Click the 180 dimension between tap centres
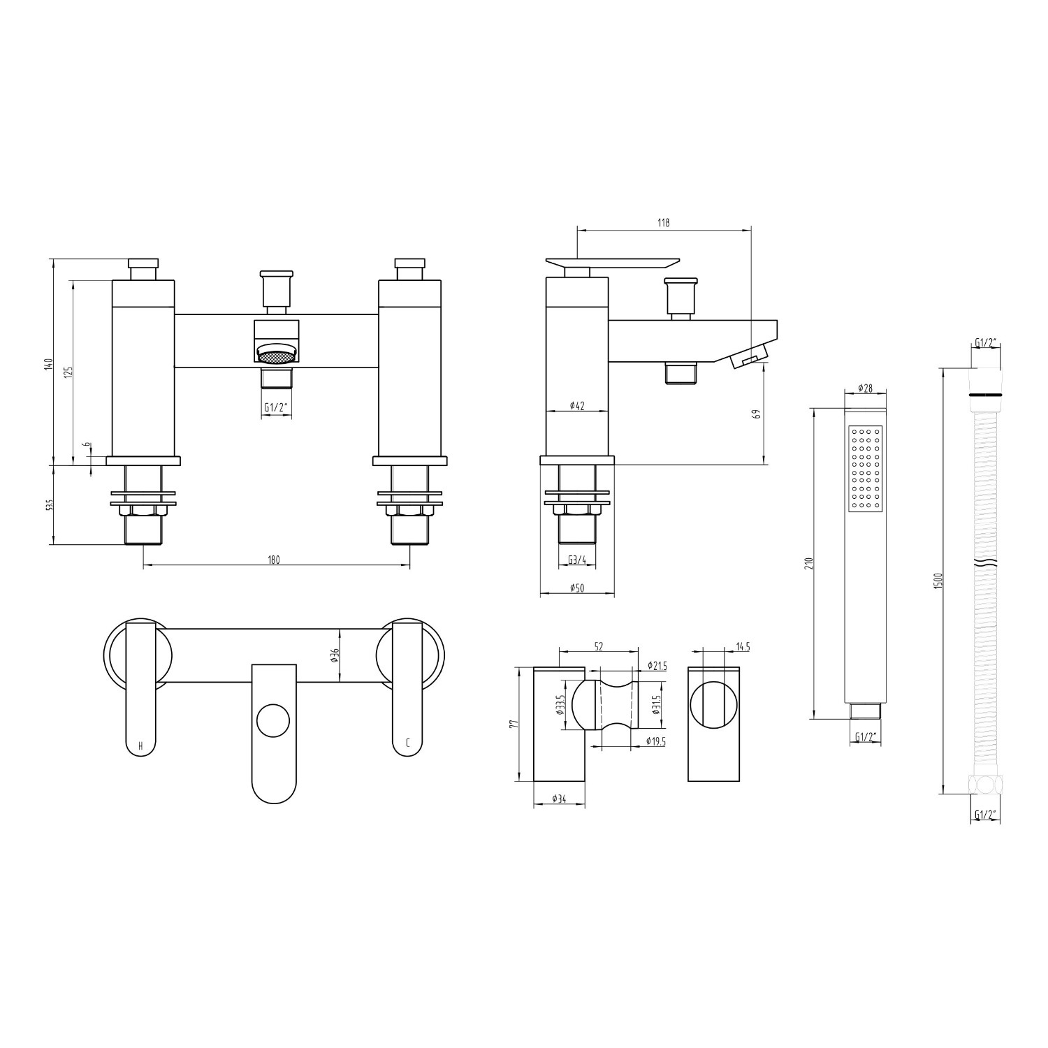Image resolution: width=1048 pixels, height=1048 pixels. tap(274, 559)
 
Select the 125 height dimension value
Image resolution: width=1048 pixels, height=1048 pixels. tap(68, 372)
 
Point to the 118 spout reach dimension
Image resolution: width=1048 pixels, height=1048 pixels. tap(663, 223)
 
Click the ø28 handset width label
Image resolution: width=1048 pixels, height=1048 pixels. tap(866, 389)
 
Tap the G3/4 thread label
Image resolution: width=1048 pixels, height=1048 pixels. tap(577, 559)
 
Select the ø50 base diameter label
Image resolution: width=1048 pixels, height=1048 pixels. tap(577, 588)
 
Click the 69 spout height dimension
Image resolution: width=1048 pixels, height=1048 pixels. tap(756, 413)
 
